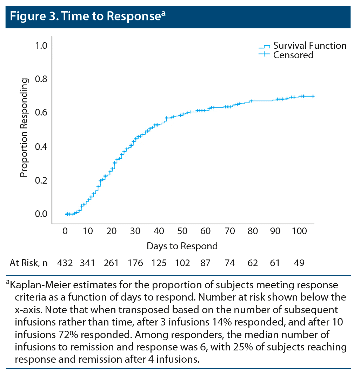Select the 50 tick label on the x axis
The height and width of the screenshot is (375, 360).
tap(182, 231)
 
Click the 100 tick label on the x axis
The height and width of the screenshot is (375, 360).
tap(299, 231)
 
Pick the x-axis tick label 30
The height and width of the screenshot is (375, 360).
tap(135, 231)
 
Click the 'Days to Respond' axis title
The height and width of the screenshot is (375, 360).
tap(182, 246)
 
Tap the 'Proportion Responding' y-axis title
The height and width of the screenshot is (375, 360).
tap(24, 128)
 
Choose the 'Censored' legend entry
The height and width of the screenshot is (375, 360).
tap(293, 55)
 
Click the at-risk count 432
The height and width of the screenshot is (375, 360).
tap(65, 263)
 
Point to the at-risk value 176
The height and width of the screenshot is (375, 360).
tap(135, 263)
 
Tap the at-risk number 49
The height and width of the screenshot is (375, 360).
tap(299, 263)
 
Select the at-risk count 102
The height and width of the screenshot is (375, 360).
tap(182, 263)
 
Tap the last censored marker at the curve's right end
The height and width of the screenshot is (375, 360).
tap(313, 96)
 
